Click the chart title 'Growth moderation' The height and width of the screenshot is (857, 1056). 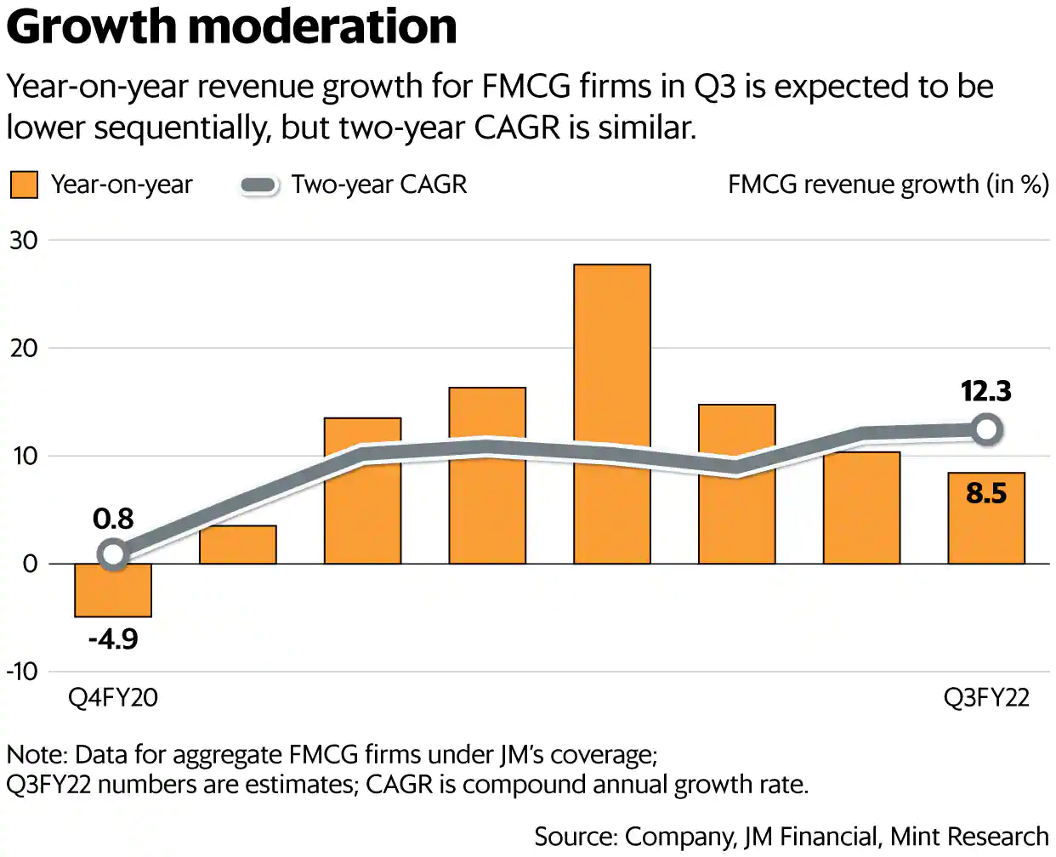[231, 27]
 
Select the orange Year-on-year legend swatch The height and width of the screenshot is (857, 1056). [24, 184]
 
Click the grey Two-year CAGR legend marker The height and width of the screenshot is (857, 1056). [259, 185]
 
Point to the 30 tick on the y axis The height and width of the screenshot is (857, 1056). [24, 241]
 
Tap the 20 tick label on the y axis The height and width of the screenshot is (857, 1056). [24, 349]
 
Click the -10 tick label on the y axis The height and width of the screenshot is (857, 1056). [22, 672]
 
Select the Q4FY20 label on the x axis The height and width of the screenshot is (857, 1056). [113, 698]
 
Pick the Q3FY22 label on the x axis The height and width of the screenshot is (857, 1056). [986, 698]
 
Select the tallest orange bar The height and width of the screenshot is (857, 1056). [612, 357]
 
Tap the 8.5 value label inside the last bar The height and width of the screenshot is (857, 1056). [986, 493]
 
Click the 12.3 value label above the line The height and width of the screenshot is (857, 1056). [986, 391]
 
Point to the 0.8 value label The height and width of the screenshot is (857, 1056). [113, 519]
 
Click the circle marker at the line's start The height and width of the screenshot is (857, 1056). [113, 555]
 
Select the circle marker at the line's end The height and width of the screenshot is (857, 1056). [986, 429]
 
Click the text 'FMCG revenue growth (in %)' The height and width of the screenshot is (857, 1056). [889, 184]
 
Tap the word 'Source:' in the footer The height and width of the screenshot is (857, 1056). [576, 837]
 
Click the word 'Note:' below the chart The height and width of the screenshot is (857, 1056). [37, 755]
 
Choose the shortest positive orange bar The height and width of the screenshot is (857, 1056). [238, 546]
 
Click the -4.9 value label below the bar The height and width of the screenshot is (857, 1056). [113, 638]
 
